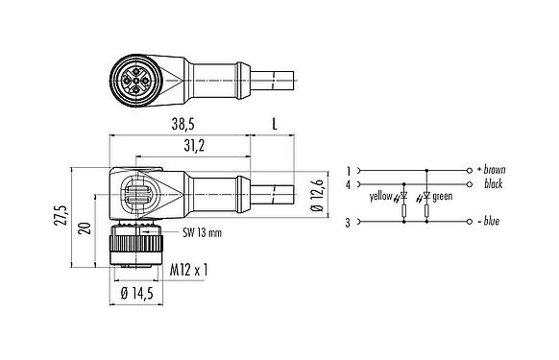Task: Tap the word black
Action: tap(495, 182)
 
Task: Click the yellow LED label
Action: tap(380, 197)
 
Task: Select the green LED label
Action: tap(443, 197)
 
